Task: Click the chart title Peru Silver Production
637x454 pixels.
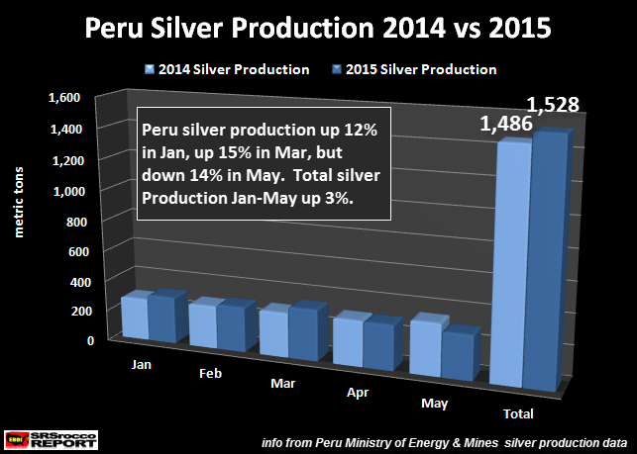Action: point(317,27)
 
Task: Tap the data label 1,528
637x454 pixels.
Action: point(552,105)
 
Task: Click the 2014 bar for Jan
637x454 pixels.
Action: point(133,317)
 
